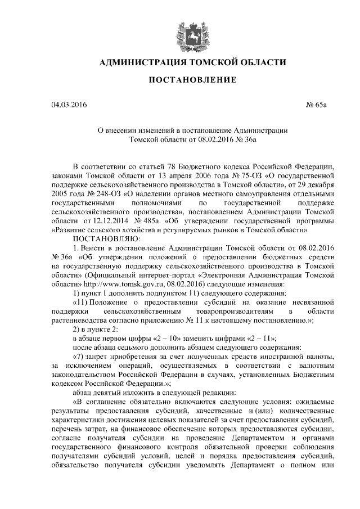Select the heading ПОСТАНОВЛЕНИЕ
pyautogui.click(x=192, y=80)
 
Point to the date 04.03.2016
pyautogui.click(x=69, y=104)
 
